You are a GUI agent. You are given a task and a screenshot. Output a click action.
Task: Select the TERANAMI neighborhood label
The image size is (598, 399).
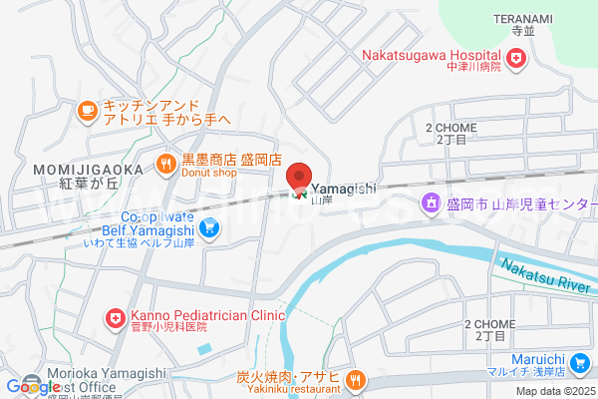click(523, 18)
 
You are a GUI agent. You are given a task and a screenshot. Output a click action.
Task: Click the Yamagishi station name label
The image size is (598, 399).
click(343, 188)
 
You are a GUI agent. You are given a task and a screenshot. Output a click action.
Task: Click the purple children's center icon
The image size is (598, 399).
click(432, 204)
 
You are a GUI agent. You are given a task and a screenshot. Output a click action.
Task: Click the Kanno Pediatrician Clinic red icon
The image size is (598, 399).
click(116, 320)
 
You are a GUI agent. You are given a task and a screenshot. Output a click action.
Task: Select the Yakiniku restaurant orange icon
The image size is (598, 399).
click(357, 379)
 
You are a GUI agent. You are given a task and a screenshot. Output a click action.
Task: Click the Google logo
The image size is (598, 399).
click(32, 386)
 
